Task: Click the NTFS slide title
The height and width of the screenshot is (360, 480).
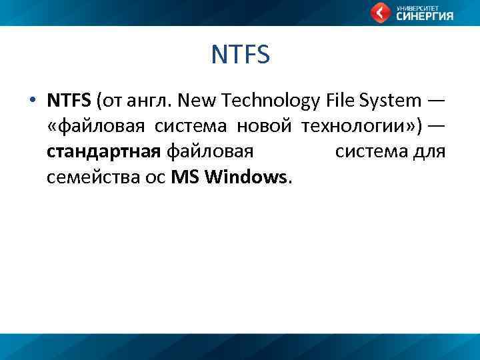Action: [x=240, y=55]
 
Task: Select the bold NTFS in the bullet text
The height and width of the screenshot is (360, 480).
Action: [x=69, y=101]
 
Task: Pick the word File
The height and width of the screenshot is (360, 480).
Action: [x=341, y=101]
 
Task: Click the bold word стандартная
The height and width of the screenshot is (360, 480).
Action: [x=103, y=153]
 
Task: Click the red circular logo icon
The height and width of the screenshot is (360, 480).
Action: [x=381, y=13]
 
